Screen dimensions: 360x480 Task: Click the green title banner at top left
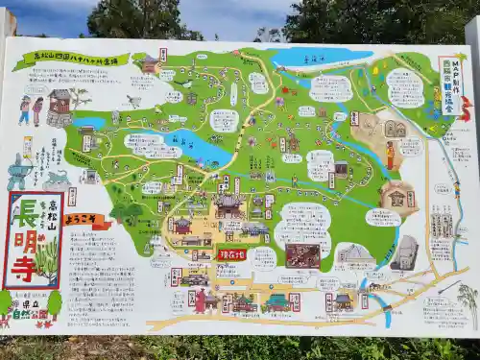click(84, 60)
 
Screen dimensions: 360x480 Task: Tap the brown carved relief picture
click(302, 255)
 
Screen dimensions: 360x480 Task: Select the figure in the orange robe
click(390, 155)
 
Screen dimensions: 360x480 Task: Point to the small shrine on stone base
click(60, 108)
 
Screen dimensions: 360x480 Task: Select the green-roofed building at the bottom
click(277, 302)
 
